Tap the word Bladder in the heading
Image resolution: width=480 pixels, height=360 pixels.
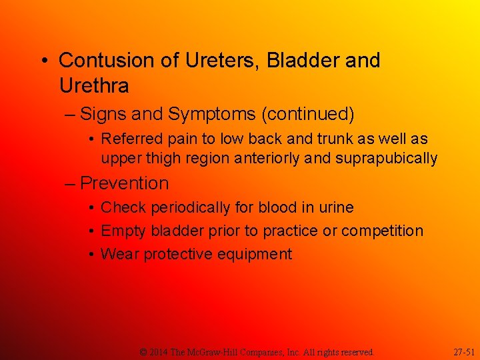click(x=304, y=61)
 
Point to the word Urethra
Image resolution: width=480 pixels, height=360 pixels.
click(x=94, y=86)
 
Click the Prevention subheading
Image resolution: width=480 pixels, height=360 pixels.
click(x=125, y=183)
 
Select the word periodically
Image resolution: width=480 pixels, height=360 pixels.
click(x=192, y=208)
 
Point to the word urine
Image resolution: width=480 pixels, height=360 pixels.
click(x=335, y=208)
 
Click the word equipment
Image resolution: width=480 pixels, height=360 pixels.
click(x=256, y=255)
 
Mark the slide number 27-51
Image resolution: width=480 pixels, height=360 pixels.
click(x=464, y=351)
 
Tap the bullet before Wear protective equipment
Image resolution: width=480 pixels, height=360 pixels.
click(x=92, y=255)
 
